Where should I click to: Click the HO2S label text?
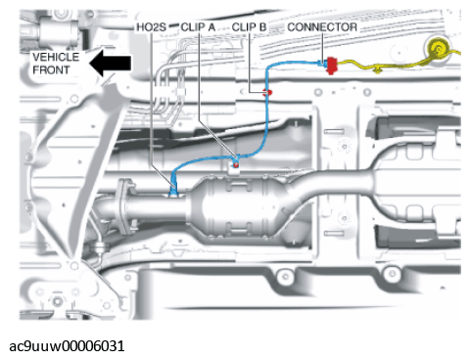(151, 27)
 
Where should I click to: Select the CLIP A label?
(198, 27)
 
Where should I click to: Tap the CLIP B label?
(249, 27)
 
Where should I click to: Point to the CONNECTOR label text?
(322, 27)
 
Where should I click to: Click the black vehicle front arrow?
(111, 63)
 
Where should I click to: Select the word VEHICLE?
(56, 57)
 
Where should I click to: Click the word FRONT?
(51, 69)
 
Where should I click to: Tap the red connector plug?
(332, 66)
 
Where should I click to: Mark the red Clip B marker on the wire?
(268, 93)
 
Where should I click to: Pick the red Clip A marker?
(236, 165)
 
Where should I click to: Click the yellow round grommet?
(439, 50)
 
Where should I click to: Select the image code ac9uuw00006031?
(67, 346)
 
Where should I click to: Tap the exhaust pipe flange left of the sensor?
(124, 205)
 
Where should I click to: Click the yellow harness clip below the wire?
(378, 69)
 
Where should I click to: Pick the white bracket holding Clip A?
(233, 169)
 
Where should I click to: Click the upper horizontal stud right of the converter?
(334, 131)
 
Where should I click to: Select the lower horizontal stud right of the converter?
(334, 233)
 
